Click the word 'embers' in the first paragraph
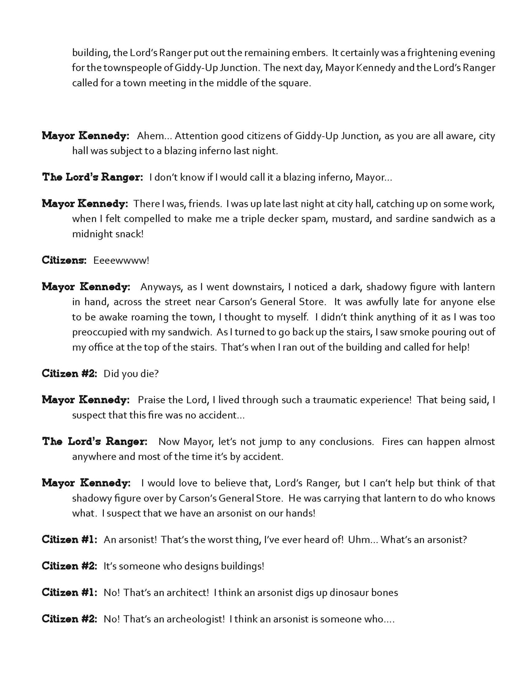coord(312,53)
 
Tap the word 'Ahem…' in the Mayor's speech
coord(151,136)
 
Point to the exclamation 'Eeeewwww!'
coord(121,261)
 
